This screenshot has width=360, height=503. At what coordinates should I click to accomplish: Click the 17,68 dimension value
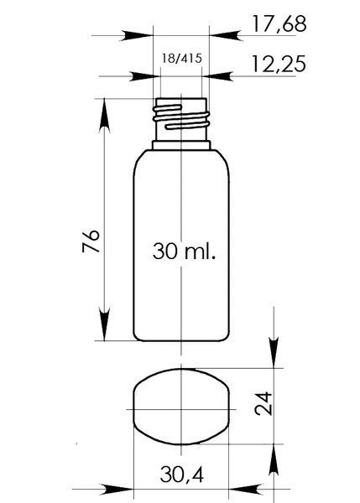pyautogui.click(x=279, y=23)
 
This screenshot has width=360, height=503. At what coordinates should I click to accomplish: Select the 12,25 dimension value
pyautogui.click(x=278, y=64)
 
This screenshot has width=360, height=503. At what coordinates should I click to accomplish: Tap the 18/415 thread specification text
pyautogui.click(x=182, y=59)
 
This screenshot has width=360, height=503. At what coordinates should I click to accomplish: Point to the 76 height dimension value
pyautogui.click(x=91, y=241)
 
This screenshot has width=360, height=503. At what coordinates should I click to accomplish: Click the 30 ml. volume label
pyautogui.click(x=184, y=251)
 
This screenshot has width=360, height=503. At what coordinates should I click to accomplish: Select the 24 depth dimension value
pyautogui.click(x=263, y=403)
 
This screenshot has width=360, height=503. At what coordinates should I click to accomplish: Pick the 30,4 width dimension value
pyautogui.click(x=182, y=474)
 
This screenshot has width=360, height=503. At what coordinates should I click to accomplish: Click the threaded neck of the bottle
pyautogui.click(x=181, y=119)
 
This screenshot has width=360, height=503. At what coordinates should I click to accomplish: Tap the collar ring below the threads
pyautogui.click(x=181, y=145)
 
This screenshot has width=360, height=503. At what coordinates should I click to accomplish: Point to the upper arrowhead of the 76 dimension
pyautogui.click(x=104, y=115)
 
